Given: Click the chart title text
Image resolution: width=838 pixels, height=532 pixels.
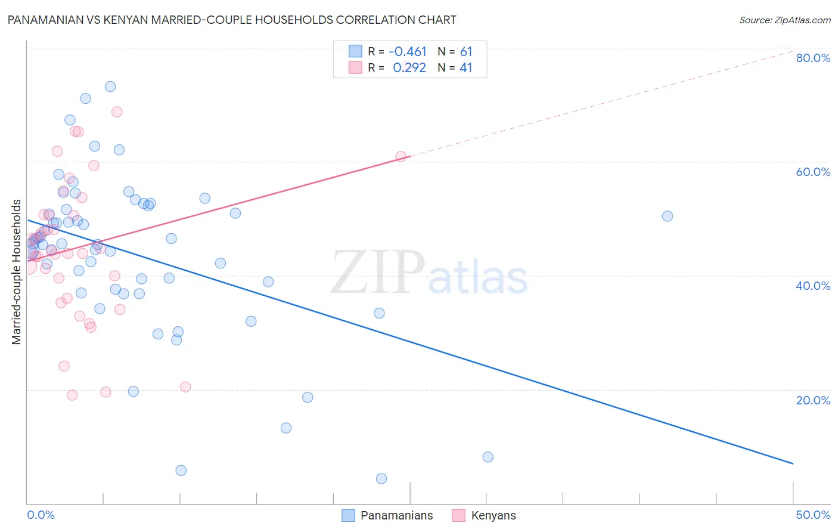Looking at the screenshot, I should coord(231,20).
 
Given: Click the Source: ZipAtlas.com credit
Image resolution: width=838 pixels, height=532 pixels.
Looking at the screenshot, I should coord(784,20).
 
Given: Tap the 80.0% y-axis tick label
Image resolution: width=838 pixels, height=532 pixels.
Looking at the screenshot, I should coord(813,58).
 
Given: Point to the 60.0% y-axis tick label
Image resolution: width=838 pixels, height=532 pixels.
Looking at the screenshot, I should coord(813,172).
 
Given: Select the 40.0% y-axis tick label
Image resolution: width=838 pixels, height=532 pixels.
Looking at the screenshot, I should coord(813,286).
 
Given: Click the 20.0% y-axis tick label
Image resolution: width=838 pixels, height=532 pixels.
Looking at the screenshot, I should coord(813,400).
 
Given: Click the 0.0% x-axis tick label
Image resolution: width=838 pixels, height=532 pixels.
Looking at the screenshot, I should coord(41,515).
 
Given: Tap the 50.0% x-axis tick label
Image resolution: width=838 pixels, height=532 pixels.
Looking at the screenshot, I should coord(813,515).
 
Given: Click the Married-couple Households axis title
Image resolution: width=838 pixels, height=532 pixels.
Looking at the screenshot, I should coord(17,272).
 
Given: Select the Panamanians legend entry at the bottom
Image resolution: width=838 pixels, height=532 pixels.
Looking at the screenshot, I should coord(387,515).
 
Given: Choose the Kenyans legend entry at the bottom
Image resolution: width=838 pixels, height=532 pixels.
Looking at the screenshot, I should coord(484,515).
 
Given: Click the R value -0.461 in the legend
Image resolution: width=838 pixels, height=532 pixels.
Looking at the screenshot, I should coord(408,52).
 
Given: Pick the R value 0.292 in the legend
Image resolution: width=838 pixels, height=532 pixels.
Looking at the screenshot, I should coord(409,68).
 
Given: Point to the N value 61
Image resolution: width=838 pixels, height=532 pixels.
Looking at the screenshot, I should coord(465,52).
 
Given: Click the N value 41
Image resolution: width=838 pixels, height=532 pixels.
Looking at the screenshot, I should coord(465,68).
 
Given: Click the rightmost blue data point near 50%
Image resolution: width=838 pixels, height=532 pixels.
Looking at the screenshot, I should coord(668,216).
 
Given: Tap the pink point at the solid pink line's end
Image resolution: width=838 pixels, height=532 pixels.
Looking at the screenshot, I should coord(401,156).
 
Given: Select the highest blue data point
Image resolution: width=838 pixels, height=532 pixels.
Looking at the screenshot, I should coord(110,86).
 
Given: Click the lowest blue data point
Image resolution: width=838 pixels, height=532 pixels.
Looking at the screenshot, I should coord(381,478).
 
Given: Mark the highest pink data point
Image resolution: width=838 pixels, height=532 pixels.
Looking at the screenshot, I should coord(117,112).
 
